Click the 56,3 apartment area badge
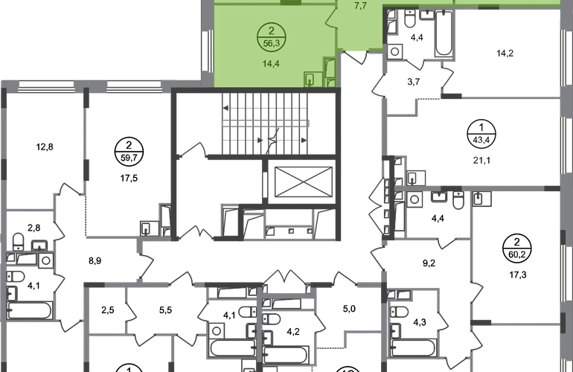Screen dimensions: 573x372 pyautogui.click(x=271, y=37)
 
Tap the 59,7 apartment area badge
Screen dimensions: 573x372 pyautogui.click(x=129, y=151)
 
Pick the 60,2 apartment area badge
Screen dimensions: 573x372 pyautogui.click(x=516, y=248)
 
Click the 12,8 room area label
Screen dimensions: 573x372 pyautogui.click(x=45, y=147)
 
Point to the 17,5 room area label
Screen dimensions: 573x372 pyautogui.click(x=129, y=179)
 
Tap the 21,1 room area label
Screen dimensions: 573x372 pyautogui.click(x=481, y=160)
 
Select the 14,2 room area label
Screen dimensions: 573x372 pyautogui.click(x=505, y=54)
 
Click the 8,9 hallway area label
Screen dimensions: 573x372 pyautogui.click(x=95, y=261)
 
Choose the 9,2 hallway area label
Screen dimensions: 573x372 pyautogui.click(x=429, y=263)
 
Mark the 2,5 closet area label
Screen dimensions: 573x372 pyautogui.click(x=108, y=310)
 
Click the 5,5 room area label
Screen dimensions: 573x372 pyautogui.click(x=165, y=310)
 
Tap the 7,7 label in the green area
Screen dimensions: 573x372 pyautogui.click(x=361, y=5)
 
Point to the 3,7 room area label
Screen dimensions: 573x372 pyautogui.click(x=414, y=82)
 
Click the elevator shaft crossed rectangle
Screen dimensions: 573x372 pyautogui.click(x=304, y=182)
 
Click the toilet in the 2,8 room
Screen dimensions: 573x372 pyautogui.click(x=18, y=242)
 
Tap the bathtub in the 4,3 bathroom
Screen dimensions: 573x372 pyautogui.click(x=413, y=348)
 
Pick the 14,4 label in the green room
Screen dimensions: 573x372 pyautogui.click(x=271, y=63)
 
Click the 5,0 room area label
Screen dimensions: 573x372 pyautogui.click(x=349, y=310)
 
